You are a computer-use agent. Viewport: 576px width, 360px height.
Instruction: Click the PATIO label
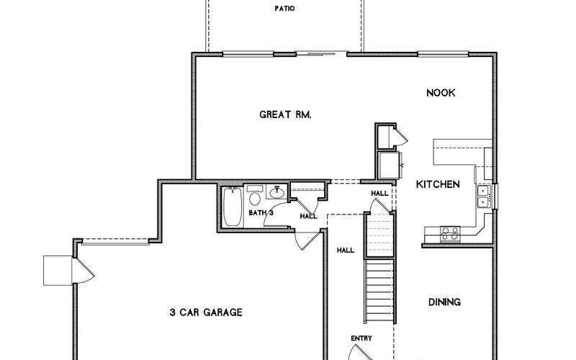point(284,8)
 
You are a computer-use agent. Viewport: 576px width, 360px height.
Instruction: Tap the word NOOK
point(441,93)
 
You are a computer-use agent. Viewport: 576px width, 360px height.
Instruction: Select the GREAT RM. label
point(285,114)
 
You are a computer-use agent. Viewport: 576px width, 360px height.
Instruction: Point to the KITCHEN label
point(438,184)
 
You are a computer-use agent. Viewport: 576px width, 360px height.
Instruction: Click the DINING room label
point(444,302)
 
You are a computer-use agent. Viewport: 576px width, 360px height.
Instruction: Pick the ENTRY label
point(361,338)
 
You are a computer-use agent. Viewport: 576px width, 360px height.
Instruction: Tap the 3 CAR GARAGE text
point(206,312)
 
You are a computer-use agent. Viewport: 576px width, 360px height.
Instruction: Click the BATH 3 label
point(261,212)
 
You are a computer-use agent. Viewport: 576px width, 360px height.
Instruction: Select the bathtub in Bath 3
point(233,207)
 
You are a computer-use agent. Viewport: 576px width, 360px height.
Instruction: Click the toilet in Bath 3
point(255,195)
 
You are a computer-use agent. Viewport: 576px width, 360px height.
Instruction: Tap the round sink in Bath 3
point(276,192)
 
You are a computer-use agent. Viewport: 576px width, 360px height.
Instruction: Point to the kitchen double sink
point(483,197)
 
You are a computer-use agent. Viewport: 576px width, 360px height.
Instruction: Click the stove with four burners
point(450,234)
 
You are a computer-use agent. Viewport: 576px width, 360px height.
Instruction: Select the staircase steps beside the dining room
point(379,290)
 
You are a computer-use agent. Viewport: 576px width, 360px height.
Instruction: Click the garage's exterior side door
point(84,271)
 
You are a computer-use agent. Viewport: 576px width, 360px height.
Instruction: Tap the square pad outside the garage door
point(58,271)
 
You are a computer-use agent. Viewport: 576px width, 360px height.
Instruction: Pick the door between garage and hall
point(307,240)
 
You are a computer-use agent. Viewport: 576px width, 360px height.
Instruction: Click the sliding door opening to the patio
point(321,54)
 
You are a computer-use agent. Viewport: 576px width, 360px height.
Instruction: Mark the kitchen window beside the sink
point(495,197)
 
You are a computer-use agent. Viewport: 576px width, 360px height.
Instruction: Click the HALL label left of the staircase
point(346,250)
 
